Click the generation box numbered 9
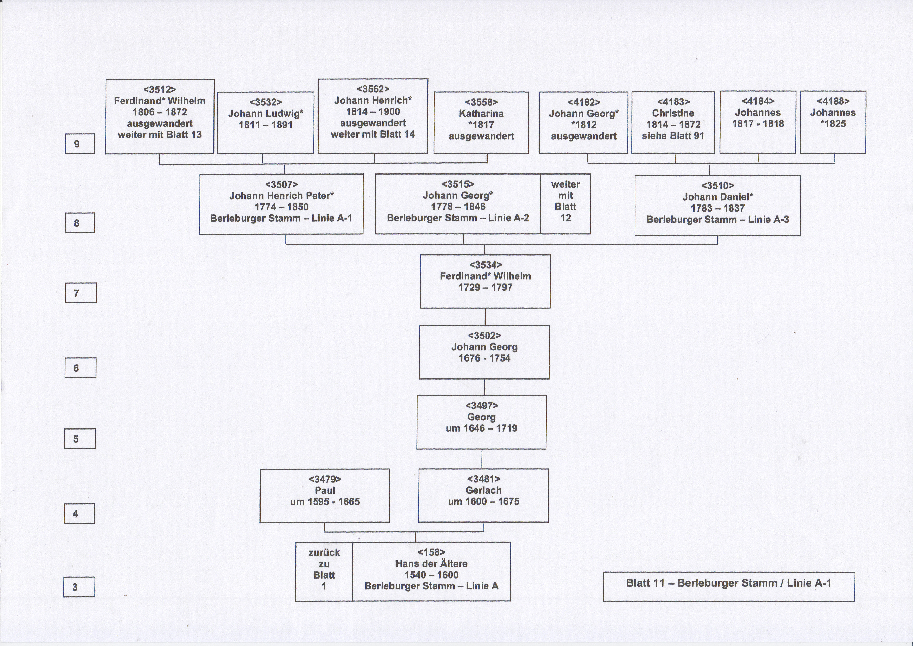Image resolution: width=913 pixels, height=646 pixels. (80, 144)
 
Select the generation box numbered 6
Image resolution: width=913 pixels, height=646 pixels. (80, 368)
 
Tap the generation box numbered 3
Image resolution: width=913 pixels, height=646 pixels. (79, 587)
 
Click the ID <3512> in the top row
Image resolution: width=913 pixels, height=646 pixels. (160, 90)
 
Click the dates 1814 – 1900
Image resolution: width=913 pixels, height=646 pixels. (373, 112)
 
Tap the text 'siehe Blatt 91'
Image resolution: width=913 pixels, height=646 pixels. (673, 136)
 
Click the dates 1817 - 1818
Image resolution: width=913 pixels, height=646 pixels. (758, 124)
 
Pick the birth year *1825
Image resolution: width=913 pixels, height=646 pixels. (833, 124)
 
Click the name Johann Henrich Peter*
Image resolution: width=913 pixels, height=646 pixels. (281, 196)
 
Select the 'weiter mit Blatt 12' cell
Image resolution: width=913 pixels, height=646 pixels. (565, 204)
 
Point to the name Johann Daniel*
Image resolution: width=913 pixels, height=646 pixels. (718, 197)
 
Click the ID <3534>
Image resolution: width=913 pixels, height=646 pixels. (486, 265)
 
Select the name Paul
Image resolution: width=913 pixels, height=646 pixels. (325, 490)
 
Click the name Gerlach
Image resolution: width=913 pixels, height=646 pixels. (483, 490)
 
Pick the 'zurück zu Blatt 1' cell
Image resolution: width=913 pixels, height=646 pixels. (324, 571)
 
